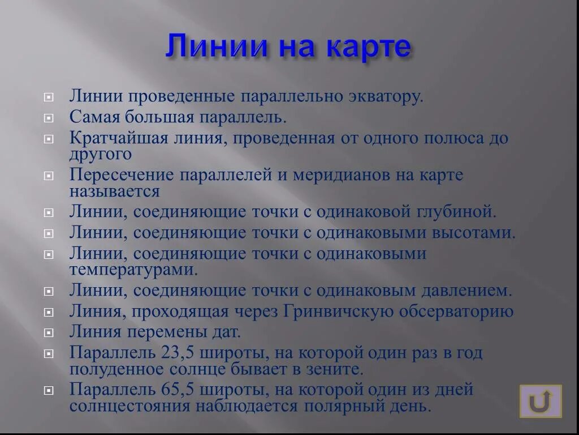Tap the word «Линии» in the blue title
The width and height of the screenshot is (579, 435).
point(215,46)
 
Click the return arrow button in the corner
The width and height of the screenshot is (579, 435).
point(540,401)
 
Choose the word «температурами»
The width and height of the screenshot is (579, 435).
point(133,269)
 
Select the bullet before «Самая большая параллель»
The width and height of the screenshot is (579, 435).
point(49,118)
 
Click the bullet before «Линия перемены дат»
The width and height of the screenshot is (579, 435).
point(49,332)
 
